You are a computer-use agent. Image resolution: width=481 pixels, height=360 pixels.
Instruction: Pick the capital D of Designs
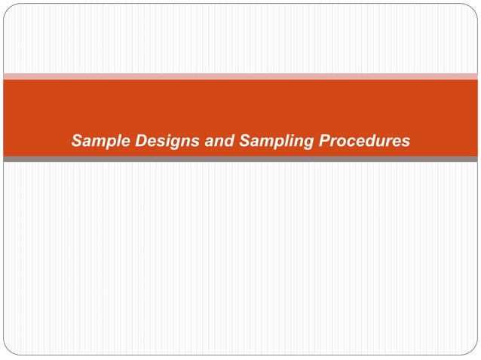pyautogui.click(x=139, y=140)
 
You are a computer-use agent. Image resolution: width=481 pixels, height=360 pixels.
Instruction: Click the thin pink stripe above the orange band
pyautogui.click(x=240, y=76)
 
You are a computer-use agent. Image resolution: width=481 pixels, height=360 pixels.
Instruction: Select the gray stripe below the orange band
pyautogui.click(x=240, y=159)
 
